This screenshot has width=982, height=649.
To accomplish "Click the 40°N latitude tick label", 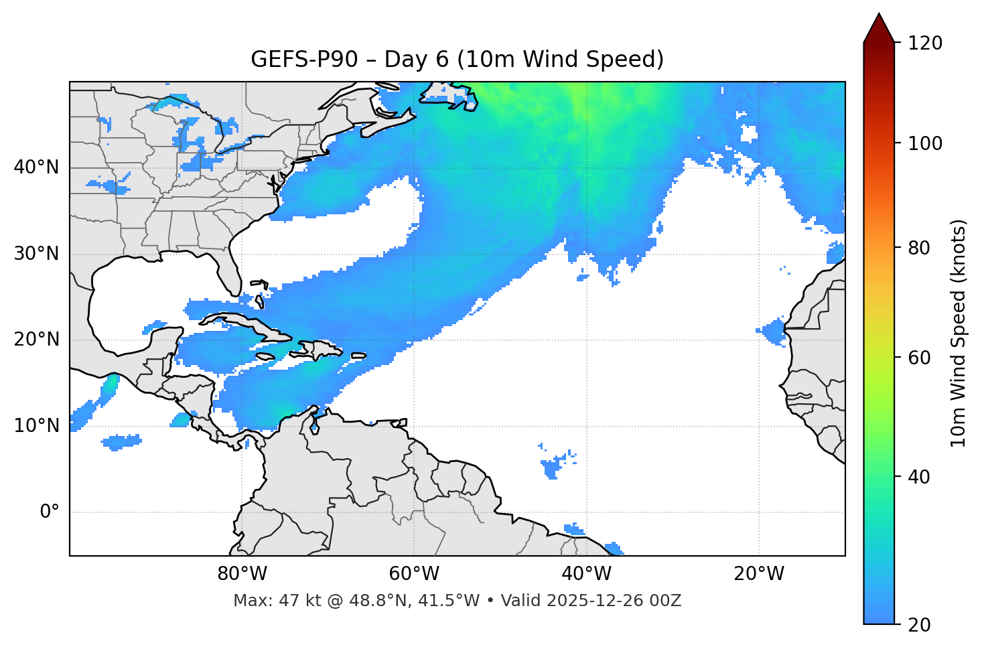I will pos(36,167).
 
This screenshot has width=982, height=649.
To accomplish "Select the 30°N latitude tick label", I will pos(36,254).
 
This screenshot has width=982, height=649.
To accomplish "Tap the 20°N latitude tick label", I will pos(36,340).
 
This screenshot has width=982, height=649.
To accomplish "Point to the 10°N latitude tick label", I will pos(36,426).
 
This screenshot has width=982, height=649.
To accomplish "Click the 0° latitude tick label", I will pos(50,512).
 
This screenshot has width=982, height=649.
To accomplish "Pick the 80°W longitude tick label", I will pos(242,574).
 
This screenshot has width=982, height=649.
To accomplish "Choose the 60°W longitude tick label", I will pos(414,574).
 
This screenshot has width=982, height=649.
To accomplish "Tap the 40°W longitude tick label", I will pos(587,574).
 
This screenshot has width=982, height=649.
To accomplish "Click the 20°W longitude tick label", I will pos(759,574).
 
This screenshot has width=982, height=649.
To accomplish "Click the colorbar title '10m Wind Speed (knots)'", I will pos(959,333).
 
